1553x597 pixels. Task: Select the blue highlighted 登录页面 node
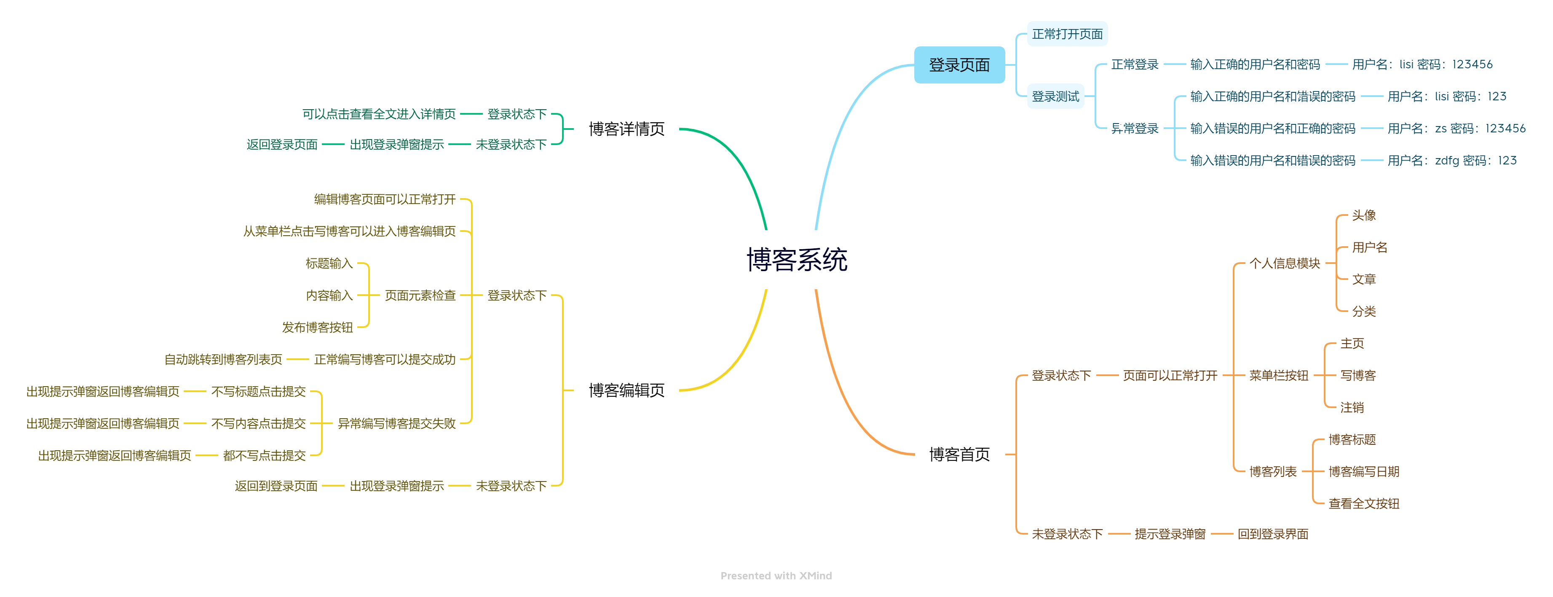(959, 65)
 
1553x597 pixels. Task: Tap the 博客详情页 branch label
(627, 129)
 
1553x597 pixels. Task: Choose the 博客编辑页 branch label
(627, 390)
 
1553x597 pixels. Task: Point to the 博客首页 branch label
(959, 454)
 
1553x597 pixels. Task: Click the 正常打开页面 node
(1067, 34)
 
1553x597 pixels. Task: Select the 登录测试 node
(1055, 97)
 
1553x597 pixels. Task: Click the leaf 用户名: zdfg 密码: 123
(1452, 160)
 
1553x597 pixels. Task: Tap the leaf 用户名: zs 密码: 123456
(1456, 129)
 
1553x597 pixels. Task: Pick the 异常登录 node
(1135, 129)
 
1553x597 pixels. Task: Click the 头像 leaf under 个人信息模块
(1364, 215)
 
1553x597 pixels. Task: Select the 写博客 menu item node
(1358, 375)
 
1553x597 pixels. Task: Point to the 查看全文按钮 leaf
(1364, 503)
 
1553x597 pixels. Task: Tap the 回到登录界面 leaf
(1273, 534)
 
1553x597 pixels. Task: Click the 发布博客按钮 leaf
(317, 328)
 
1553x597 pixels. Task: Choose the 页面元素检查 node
(420, 296)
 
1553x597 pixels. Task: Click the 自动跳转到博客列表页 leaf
(223, 359)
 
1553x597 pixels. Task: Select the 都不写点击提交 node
(264, 455)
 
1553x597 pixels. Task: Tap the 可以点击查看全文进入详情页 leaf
(379, 114)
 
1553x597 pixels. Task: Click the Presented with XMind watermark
(776, 576)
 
